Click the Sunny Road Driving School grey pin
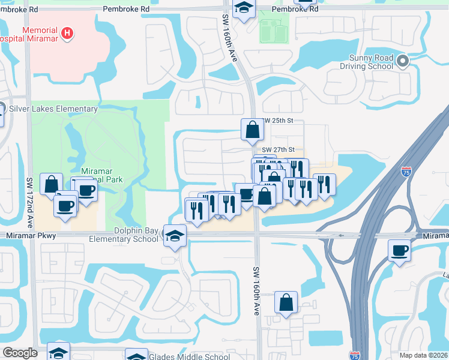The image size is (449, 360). coord(403,61)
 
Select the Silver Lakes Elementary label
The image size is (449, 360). coord(53,109)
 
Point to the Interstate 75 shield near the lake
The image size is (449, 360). coord(406,172)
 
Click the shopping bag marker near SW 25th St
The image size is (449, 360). coord(252,130)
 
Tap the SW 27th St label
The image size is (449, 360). coord(278,149)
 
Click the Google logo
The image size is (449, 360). coord(20,353)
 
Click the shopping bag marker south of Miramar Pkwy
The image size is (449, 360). coord(286,302)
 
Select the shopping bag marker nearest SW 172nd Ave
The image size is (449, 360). coord(51,184)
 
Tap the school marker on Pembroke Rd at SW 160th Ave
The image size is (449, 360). coord(244,9)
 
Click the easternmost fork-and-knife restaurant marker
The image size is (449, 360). coord(324,185)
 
